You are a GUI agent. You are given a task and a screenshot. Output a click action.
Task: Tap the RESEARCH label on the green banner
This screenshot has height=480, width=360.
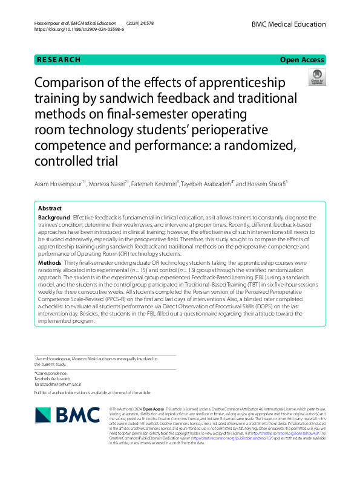[59, 60]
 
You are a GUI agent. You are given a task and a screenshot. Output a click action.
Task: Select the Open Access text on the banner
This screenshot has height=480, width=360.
[302, 60]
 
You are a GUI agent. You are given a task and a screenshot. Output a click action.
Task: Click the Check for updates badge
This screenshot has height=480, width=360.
[316, 77]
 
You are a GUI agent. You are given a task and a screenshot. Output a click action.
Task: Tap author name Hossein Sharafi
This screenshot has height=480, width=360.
[265, 184]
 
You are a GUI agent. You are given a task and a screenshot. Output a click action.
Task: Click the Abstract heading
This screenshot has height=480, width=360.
[50, 208]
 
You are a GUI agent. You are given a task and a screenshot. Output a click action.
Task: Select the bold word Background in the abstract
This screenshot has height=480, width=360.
[54, 216]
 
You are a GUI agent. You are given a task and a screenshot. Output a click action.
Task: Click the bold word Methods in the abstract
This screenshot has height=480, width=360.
[50, 264]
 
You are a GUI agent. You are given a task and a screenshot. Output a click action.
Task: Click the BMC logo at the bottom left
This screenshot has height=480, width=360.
[67, 415]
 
